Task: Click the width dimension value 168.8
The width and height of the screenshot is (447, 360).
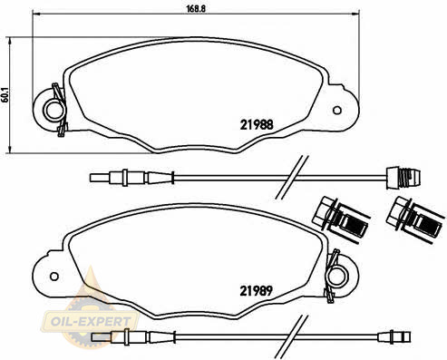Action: click(x=196, y=8)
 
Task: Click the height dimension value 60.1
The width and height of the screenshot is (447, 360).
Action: click(x=5, y=95)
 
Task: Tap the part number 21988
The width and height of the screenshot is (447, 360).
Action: click(x=257, y=124)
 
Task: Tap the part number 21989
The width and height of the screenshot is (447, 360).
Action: click(x=257, y=291)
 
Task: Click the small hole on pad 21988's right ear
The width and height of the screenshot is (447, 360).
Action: click(x=337, y=111)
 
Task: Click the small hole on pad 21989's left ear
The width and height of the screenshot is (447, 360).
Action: click(x=54, y=277)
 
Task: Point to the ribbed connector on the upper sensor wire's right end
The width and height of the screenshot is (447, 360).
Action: click(x=403, y=178)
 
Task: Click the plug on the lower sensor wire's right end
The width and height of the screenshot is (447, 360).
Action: click(x=394, y=336)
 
